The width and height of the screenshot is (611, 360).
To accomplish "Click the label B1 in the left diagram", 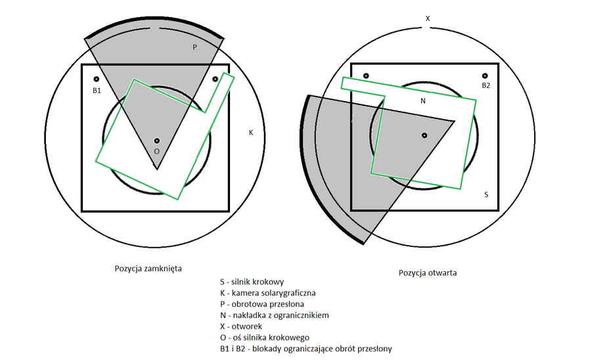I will coord(97,90).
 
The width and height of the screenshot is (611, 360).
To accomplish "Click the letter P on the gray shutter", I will coord(194,47).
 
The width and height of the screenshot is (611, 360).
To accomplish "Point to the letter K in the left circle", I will coord(250,133).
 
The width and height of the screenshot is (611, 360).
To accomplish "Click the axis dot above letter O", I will coord(156,141).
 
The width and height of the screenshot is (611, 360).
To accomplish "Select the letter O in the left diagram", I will coord(156,151).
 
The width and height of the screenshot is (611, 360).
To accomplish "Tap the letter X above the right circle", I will coord(428,18).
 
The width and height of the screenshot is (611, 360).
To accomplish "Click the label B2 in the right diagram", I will coord(486,85).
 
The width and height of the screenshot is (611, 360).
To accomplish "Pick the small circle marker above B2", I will coord(486,76).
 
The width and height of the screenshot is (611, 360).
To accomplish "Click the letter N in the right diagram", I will coord(422,101).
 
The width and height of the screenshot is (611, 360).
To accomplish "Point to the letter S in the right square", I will coord(486,195).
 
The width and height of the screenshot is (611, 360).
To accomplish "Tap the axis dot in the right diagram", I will coord(424,135).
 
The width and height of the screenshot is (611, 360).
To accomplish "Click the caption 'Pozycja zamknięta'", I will coord(148,269).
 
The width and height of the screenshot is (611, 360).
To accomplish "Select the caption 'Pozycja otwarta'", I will coord(427,273).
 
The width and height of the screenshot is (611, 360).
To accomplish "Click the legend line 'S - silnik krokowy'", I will coord(252,282).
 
